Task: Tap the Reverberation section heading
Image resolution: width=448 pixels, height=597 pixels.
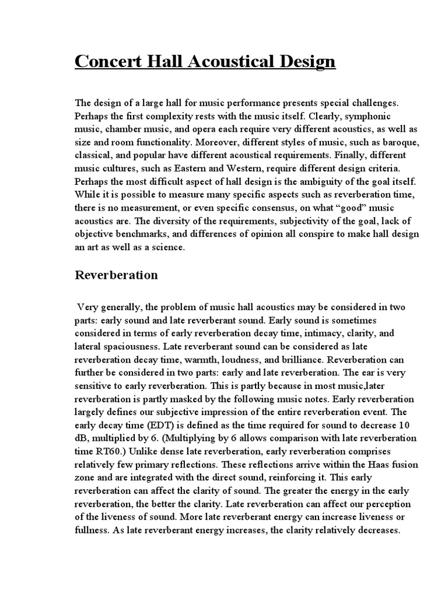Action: click(x=116, y=275)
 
